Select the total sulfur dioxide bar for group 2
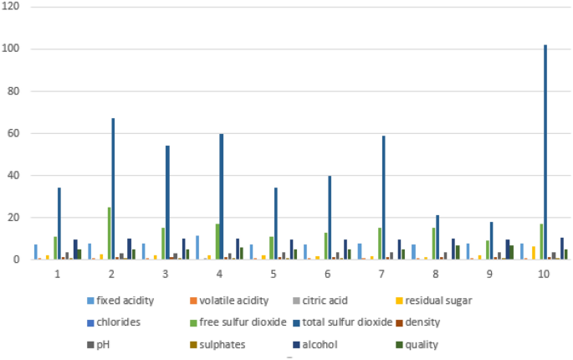point(113,189)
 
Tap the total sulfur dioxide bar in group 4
point(221,198)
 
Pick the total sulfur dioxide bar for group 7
point(383,198)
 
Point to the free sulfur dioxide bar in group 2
point(108,234)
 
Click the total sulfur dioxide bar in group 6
point(330,218)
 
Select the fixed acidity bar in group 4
point(197,248)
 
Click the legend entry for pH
point(106,343)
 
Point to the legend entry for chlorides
point(115,322)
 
